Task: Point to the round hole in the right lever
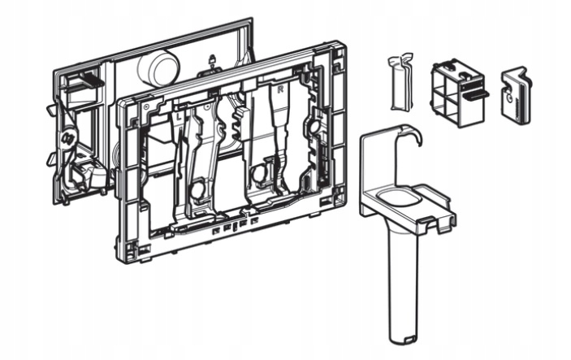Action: coord(260,173)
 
